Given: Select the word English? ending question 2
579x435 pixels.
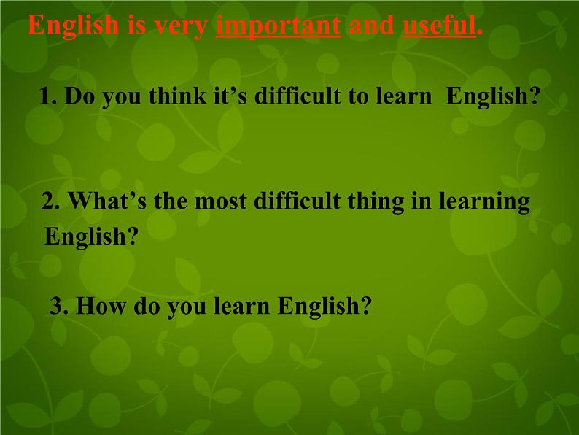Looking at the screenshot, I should click(x=90, y=237).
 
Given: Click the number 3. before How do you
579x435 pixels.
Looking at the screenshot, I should click(x=58, y=306).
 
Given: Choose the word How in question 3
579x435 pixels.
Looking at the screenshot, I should click(x=98, y=306).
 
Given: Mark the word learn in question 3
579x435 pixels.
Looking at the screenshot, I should click(x=243, y=306).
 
